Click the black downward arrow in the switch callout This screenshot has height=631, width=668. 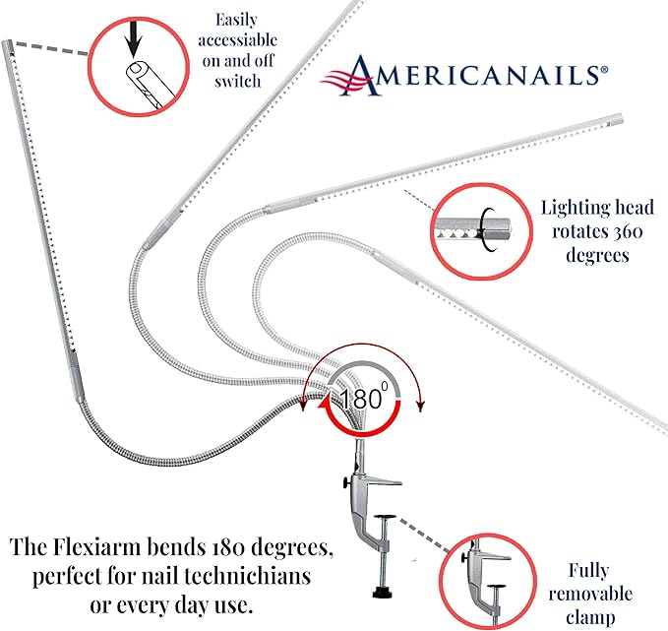point(134,39)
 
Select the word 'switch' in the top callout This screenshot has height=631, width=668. point(238,81)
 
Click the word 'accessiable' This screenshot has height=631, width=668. point(238,40)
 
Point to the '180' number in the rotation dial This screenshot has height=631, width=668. point(360,399)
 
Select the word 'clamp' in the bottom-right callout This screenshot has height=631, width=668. point(590,617)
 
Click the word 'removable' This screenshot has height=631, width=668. point(590,594)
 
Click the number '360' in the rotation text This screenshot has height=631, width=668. point(628,231)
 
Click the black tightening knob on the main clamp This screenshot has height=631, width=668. point(344,482)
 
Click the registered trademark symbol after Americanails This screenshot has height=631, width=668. point(604,70)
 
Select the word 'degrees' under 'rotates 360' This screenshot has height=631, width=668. point(597,256)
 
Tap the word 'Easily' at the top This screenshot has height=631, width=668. point(236,20)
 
